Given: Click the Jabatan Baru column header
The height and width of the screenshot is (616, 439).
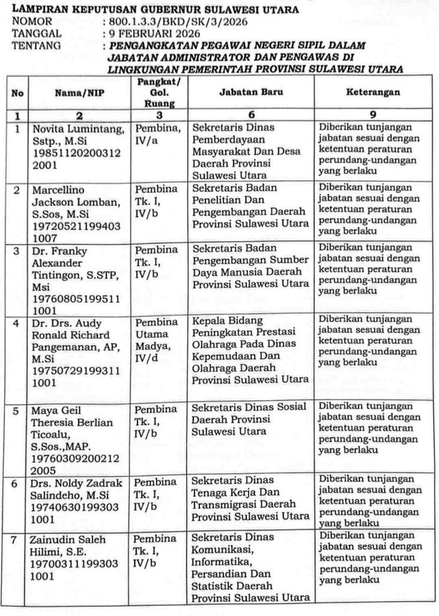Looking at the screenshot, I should click(250, 92).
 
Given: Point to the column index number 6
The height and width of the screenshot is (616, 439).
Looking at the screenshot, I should click(250, 116).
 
